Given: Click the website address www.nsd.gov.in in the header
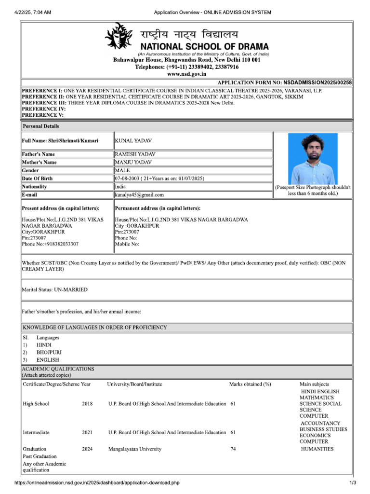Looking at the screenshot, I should [x=186, y=74].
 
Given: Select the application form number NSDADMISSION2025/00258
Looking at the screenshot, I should [x=317, y=83].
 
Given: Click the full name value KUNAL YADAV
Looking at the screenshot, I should [x=132, y=140].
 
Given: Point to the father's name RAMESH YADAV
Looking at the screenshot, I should [x=135, y=154].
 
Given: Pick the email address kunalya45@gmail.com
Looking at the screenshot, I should [x=139, y=195].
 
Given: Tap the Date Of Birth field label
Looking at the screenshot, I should [x=38, y=178].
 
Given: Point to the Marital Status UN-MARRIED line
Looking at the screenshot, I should [x=55, y=289].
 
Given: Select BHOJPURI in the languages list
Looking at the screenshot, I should [x=50, y=353].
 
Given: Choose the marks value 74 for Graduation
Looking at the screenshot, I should [x=234, y=449].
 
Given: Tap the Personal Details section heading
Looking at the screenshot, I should [x=41, y=126].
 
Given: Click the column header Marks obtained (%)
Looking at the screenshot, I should [x=250, y=384].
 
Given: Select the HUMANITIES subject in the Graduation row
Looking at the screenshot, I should [x=317, y=449].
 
